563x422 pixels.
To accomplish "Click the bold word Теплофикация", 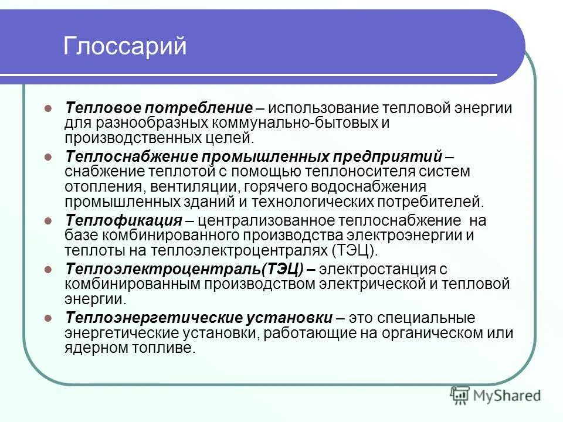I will pyautogui.click(x=123, y=221).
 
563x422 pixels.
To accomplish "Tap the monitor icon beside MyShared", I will pyautogui.click(x=460, y=394).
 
